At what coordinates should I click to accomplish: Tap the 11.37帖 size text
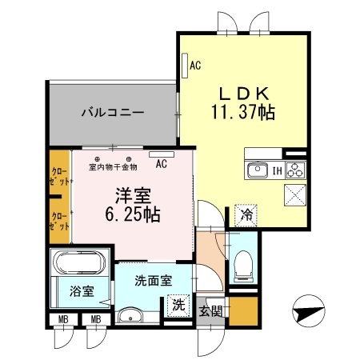click(x=243, y=113)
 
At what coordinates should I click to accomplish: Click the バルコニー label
click(x=112, y=113)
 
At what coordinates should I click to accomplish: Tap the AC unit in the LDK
click(x=184, y=65)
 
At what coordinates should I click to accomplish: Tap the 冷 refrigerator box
click(x=246, y=214)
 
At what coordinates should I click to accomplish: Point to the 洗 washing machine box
click(x=178, y=305)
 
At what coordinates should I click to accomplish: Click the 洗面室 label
click(x=152, y=282)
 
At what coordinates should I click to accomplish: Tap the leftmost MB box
click(x=61, y=321)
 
